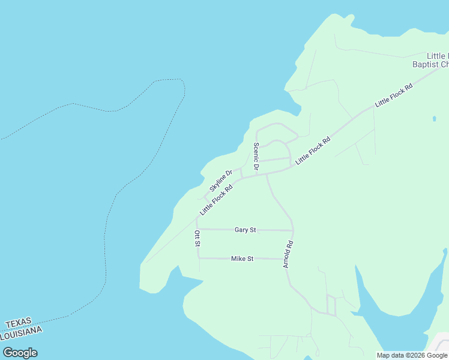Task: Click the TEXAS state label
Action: pyautogui.click(x=17, y=323)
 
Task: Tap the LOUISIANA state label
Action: pyautogui.click(x=21, y=332)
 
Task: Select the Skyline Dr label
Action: pyautogui.click(x=220, y=181)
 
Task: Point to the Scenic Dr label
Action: pyautogui.click(x=256, y=157)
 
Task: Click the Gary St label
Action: pyautogui.click(x=245, y=230)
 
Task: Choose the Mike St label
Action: pyautogui.click(x=243, y=259)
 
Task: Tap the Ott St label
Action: pyautogui.click(x=197, y=238)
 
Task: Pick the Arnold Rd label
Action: pyautogui.click(x=288, y=254)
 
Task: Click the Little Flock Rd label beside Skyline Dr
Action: pyautogui.click(x=216, y=199)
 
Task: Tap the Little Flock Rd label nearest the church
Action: pyautogui.click(x=394, y=95)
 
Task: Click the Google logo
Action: pyautogui.click(x=20, y=353)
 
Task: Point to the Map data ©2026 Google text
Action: pyautogui.click(x=412, y=355)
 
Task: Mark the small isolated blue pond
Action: pyautogui.click(x=434, y=119)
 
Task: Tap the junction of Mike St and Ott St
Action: pyautogui.click(x=198, y=258)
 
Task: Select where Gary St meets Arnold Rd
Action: pyautogui.click(x=293, y=230)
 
